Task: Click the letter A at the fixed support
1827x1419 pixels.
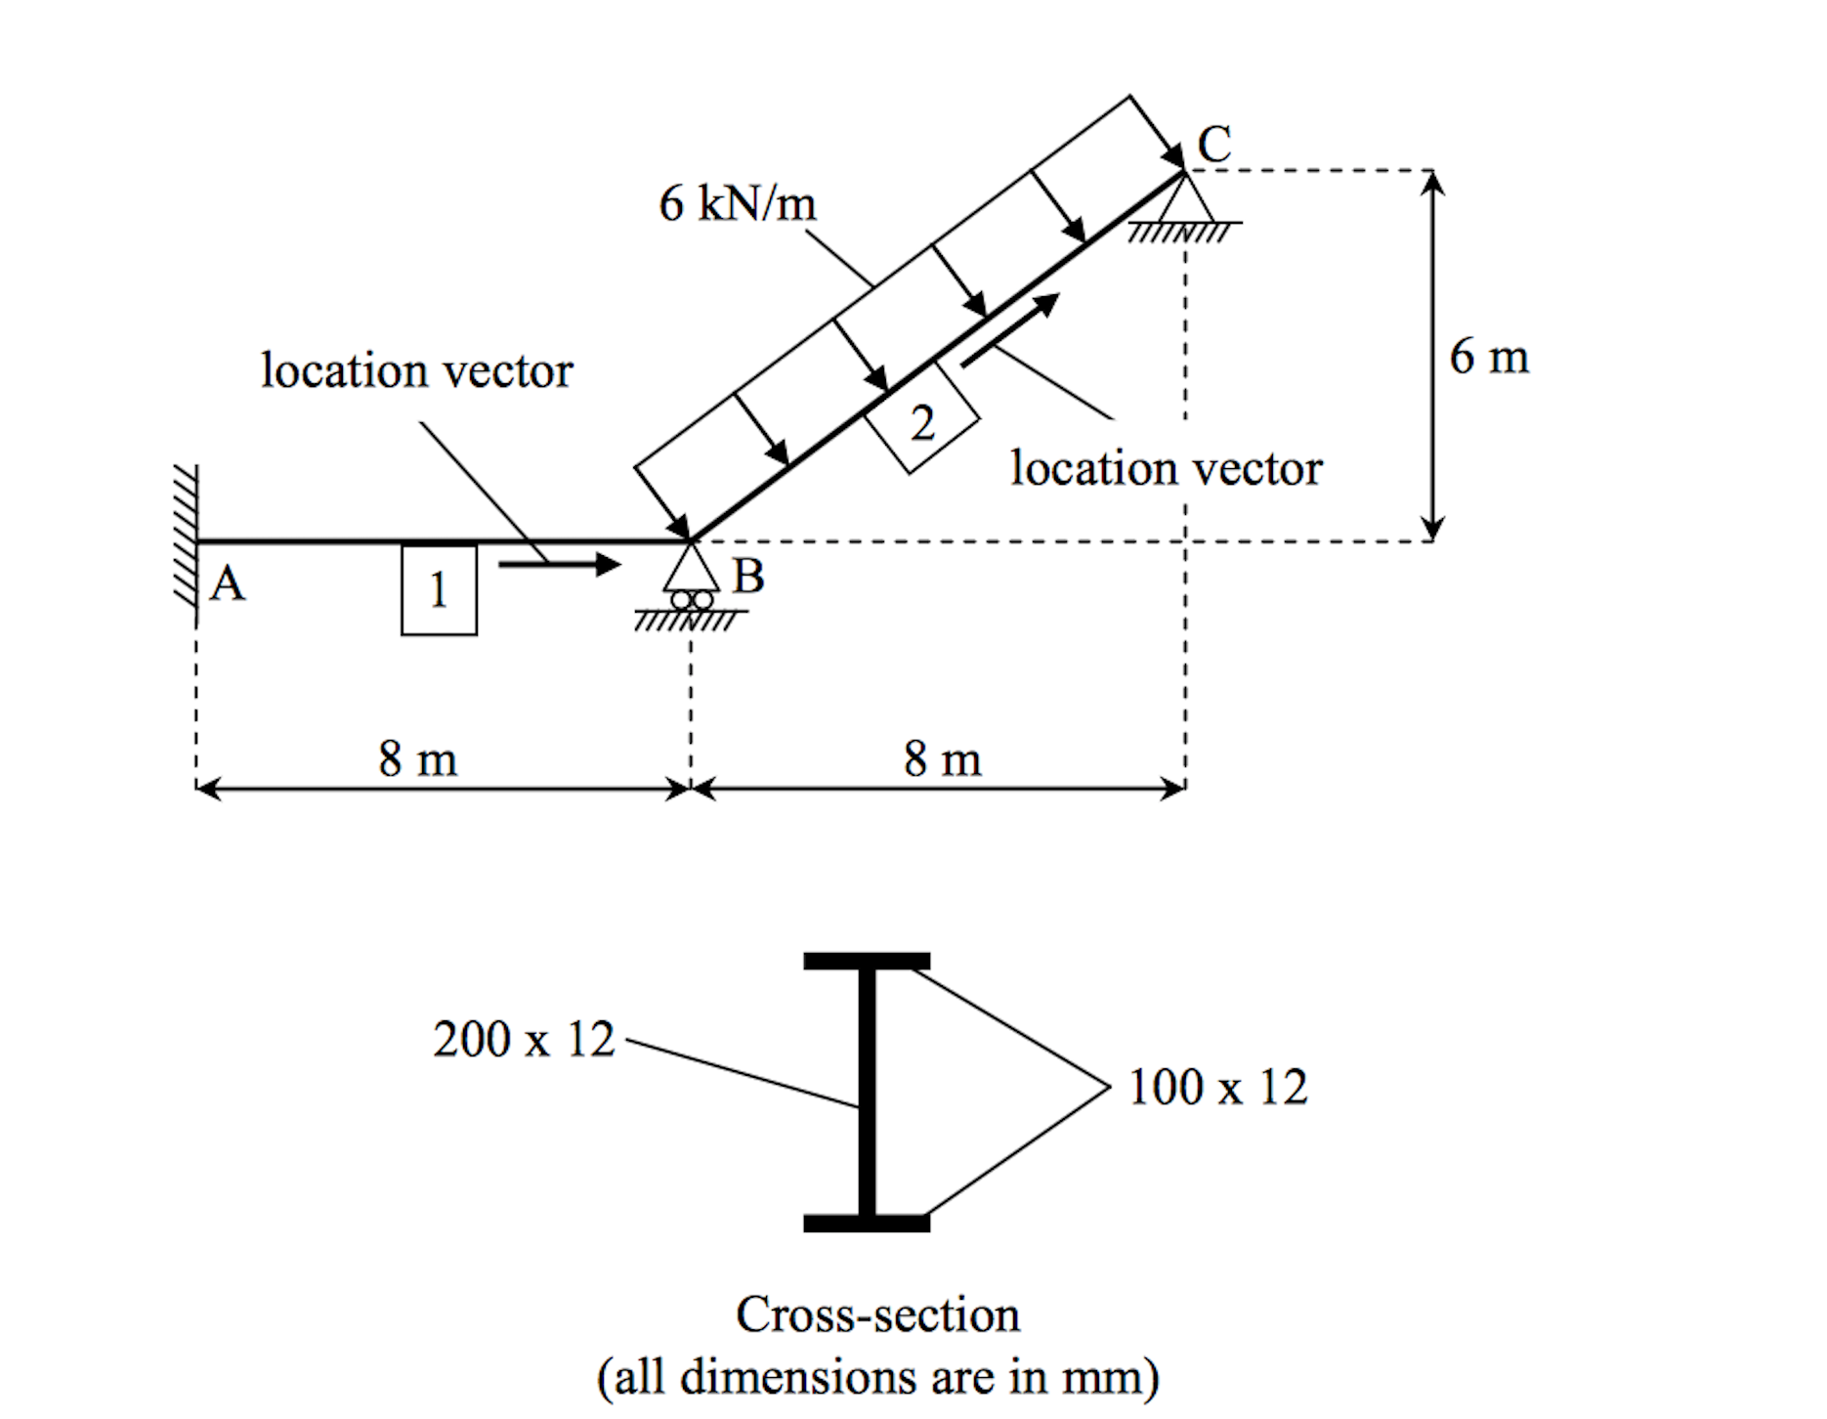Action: (x=228, y=583)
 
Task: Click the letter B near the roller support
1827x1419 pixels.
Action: (x=748, y=576)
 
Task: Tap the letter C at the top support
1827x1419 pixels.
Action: (x=1214, y=145)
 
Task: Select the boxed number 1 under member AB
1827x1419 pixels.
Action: (x=439, y=590)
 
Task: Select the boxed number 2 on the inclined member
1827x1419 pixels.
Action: (x=922, y=423)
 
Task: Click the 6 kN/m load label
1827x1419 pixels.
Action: (x=737, y=203)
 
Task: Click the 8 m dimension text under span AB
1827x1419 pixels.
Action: (x=417, y=757)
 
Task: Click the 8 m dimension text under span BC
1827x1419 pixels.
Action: (x=942, y=757)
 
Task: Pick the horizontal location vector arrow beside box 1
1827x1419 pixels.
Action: (x=559, y=564)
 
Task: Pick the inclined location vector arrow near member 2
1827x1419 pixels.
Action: (x=1009, y=330)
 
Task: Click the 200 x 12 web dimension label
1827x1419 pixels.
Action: (x=524, y=1039)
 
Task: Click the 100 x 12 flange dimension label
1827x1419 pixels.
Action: (x=1216, y=1087)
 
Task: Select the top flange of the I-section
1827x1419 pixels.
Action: (x=866, y=961)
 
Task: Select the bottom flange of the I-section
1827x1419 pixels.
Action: (x=866, y=1223)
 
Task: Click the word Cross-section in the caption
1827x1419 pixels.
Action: (x=877, y=1314)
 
